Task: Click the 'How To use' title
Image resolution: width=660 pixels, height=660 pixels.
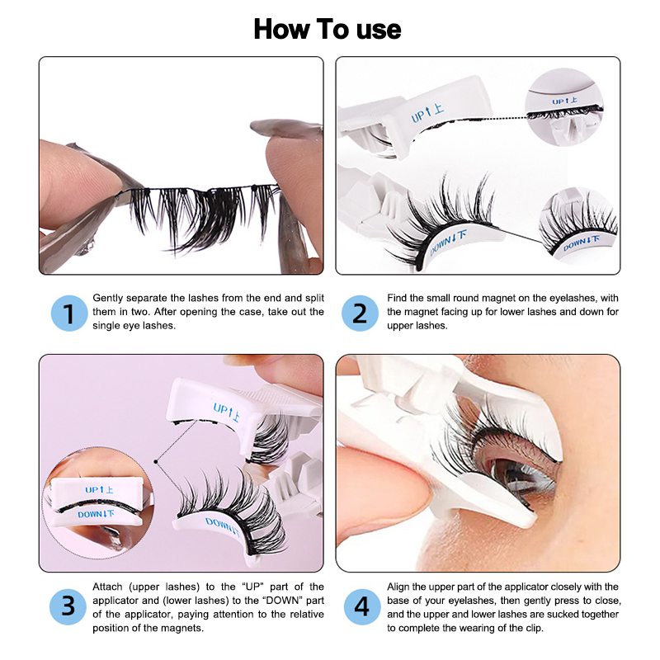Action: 328,30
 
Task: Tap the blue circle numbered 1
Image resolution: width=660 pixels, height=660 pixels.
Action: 69,313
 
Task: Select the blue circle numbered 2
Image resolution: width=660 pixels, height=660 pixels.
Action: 360,313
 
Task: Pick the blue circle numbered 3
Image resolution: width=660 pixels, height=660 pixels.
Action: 68,606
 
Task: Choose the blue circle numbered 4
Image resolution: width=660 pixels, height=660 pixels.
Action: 361,606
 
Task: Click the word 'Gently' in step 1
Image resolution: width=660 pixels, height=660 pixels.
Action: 108,299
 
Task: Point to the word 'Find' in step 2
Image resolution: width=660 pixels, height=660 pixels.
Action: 397,298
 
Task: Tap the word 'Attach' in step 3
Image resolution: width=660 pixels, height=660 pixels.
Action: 107,587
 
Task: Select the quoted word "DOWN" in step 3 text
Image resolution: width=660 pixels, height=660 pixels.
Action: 281,601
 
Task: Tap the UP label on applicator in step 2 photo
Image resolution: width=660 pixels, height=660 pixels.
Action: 427,112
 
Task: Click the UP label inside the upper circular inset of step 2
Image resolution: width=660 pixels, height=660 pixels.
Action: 564,101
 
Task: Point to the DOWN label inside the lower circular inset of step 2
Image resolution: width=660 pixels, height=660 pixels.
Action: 581,243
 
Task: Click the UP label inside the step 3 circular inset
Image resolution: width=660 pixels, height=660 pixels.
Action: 99,489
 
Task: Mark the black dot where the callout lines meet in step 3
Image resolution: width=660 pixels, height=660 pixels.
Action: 156,462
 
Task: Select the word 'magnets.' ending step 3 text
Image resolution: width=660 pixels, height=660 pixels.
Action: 183,629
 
